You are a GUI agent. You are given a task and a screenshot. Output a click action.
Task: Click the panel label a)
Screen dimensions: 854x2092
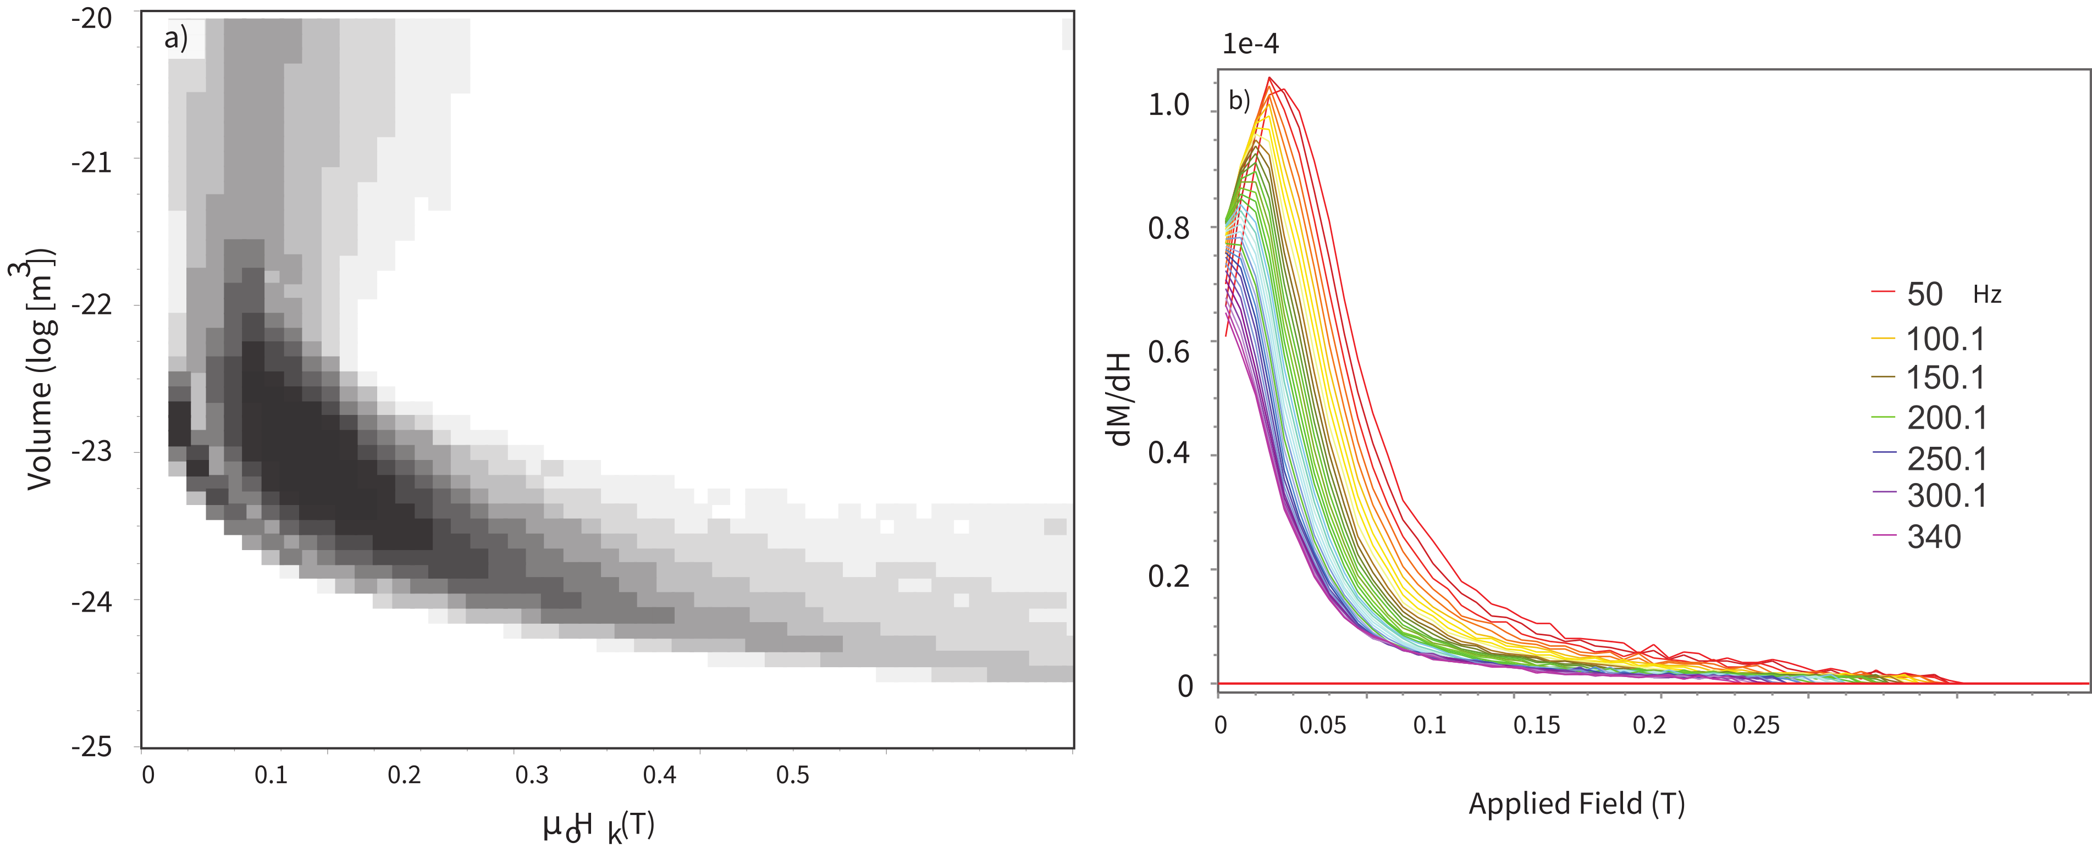[x=175, y=38]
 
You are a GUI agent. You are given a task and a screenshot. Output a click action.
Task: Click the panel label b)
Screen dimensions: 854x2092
[x=1239, y=102]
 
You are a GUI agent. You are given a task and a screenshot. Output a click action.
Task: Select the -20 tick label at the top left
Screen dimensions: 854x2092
[x=91, y=18]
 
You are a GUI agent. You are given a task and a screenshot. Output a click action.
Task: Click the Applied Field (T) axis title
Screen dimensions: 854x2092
[x=1576, y=803]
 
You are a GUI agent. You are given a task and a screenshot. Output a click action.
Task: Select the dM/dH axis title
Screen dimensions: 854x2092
[x=1119, y=400]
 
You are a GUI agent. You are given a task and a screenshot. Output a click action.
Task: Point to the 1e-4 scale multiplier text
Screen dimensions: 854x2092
[x=1251, y=44]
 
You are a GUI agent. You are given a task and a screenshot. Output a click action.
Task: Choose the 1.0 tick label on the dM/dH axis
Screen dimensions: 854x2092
[x=1169, y=105]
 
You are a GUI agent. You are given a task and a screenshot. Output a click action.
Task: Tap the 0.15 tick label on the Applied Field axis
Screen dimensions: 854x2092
[x=1537, y=725]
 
